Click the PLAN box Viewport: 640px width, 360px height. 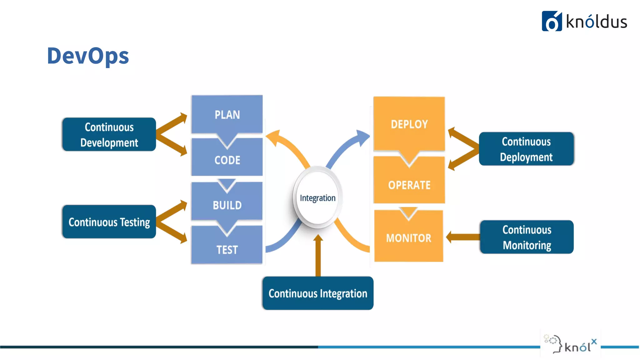tap(227, 115)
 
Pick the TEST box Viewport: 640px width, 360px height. tap(227, 249)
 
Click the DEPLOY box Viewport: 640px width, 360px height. tap(409, 124)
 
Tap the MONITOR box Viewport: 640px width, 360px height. tap(408, 238)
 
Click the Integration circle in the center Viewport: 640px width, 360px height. tap(318, 197)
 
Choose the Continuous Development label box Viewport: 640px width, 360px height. tap(109, 135)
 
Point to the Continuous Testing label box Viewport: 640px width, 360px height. tap(109, 222)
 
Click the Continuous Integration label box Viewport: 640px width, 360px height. tap(318, 293)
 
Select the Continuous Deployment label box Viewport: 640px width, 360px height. tap(526, 149)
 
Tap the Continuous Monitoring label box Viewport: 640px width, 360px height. tap(527, 237)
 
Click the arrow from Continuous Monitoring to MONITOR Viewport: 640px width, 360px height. tap(462, 237)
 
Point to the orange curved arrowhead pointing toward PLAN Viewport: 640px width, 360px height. tap(274, 137)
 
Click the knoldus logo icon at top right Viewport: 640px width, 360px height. tap(552, 21)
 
